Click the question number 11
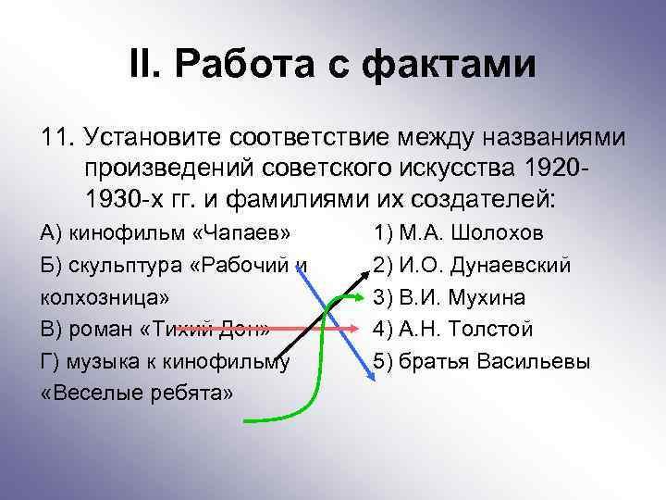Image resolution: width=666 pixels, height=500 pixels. point(56,138)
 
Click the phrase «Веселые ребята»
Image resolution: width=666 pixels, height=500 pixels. point(138,394)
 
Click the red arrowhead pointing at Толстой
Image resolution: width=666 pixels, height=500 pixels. point(351,328)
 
